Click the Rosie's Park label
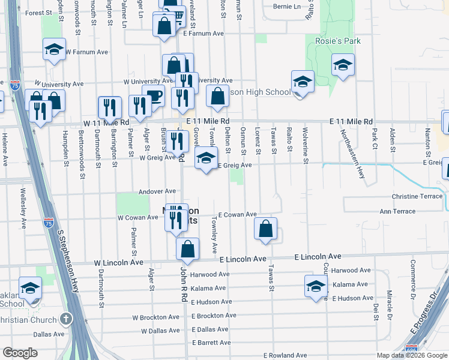click(x=329, y=41)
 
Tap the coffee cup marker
click(x=153, y=96)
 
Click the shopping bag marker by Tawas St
click(x=265, y=229)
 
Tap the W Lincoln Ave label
click(x=118, y=263)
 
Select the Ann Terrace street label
click(x=397, y=211)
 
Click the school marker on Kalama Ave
click(x=315, y=286)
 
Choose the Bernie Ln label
click(x=286, y=7)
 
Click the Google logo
click(x=20, y=353)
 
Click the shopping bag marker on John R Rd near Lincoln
click(x=188, y=249)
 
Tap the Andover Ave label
click(x=157, y=191)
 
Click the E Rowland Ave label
click(x=285, y=355)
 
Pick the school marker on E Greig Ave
click(x=206, y=158)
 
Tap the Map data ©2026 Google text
click(x=411, y=355)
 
